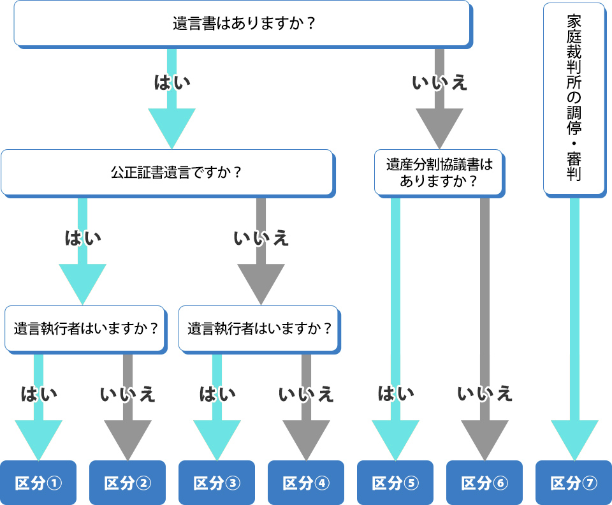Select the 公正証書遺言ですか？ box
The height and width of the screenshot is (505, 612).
click(167, 172)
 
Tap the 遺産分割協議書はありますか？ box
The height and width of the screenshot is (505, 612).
click(439, 172)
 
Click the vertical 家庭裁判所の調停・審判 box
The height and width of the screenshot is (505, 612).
click(574, 99)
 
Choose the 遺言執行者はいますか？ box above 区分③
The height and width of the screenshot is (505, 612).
click(259, 328)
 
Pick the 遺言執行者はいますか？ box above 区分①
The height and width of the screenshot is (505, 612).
click(85, 328)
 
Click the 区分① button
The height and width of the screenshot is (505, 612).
click(38, 483)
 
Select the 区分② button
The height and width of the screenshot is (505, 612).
click(127, 483)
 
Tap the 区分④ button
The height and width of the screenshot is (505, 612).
click(306, 483)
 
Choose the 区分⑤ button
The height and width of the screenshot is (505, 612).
click(395, 483)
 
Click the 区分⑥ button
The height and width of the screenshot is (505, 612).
click(484, 483)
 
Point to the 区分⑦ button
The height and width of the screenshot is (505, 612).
click(574, 483)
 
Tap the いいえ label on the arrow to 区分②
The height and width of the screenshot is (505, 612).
click(127, 394)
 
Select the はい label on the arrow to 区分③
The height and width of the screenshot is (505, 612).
click(217, 394)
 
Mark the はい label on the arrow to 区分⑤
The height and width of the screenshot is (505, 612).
click(396, 394)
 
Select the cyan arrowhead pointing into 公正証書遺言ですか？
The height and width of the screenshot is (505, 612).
click(172, 126)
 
